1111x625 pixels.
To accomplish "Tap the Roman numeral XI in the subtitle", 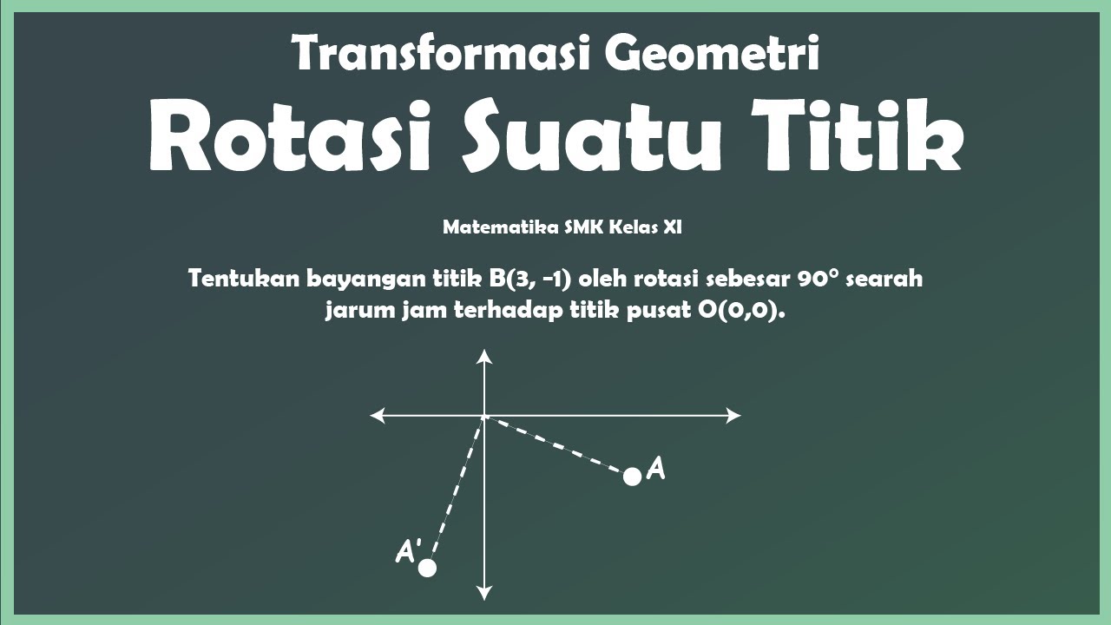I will (x=673, y=227).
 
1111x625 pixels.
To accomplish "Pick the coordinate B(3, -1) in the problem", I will (x=529, y=280).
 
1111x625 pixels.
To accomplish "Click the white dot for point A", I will (x=632, y=476).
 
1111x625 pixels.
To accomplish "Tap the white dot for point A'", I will (x=426, y=568).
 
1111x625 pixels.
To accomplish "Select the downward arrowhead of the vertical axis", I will (x=484, y=593).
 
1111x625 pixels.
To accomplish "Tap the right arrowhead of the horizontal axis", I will (x=733, y=416).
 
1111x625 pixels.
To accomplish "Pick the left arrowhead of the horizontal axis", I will (x=378, y=416).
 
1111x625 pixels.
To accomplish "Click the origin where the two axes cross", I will (x=484, y=416).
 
